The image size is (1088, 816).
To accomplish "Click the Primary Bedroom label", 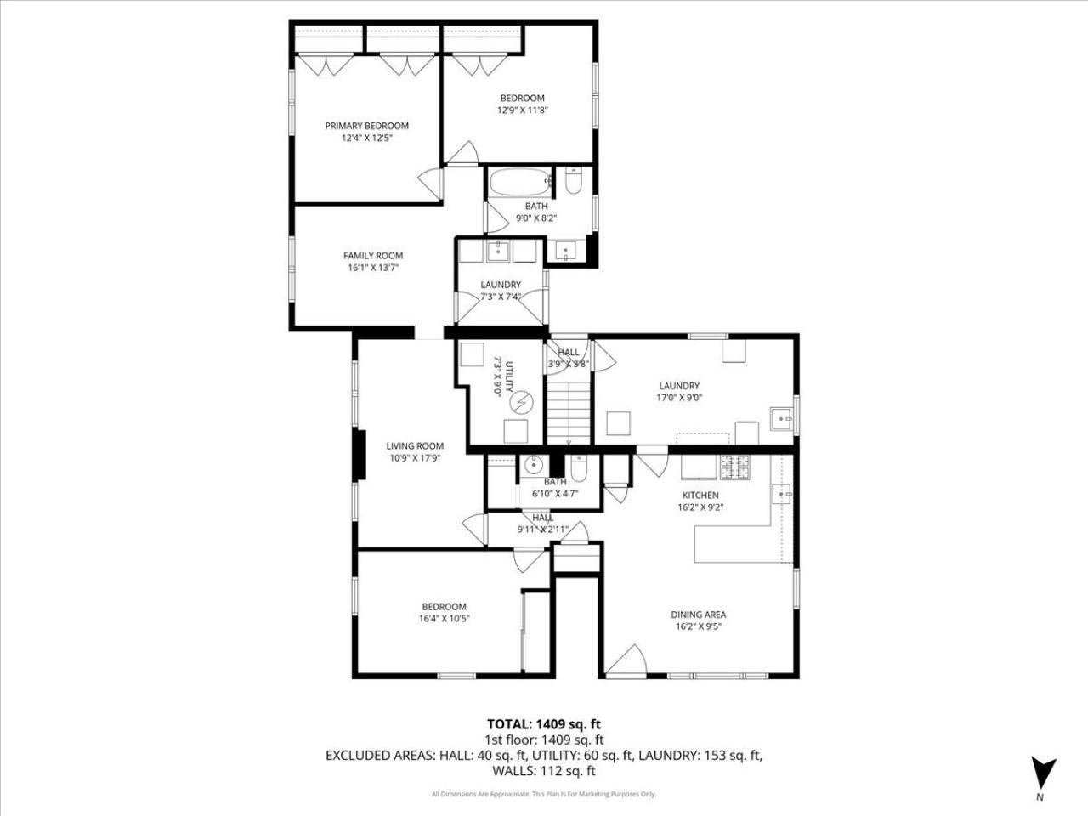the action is (367, 126).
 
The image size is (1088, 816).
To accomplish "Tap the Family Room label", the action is (373, 256).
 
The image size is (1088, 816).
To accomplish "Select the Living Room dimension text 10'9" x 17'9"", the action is (415, 458).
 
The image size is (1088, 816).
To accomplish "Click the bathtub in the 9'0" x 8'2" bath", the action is (520, 182).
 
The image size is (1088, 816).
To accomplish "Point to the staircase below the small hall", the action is (569, 413).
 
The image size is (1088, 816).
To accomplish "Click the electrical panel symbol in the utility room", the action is (521, 402).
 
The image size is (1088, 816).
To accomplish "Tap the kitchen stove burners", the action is (735, 467).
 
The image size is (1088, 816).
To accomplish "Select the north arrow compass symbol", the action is (1043, 773).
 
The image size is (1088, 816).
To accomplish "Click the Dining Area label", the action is (699, 615).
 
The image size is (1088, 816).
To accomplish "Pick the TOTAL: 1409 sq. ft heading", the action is (544, 724).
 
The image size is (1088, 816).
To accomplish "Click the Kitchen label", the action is (700, 496).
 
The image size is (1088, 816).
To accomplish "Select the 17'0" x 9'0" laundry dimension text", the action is (679, 398).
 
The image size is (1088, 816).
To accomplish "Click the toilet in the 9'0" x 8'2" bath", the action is (574, 181).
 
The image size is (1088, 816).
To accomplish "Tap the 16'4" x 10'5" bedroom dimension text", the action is (444, 619).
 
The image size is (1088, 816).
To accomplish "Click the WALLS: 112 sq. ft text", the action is (544, 771).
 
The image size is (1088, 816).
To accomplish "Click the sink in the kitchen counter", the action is (782, 495).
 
